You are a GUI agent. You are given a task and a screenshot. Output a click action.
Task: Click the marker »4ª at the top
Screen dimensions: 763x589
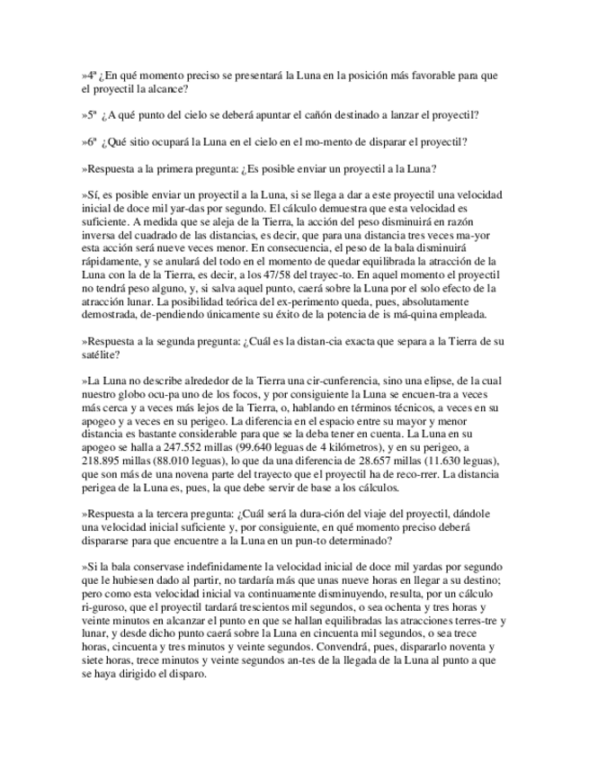pos(88,76)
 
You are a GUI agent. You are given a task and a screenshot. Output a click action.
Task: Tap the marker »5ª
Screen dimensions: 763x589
pos(88,116)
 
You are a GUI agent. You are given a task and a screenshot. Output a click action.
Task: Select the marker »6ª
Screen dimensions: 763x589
pos(88,142)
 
